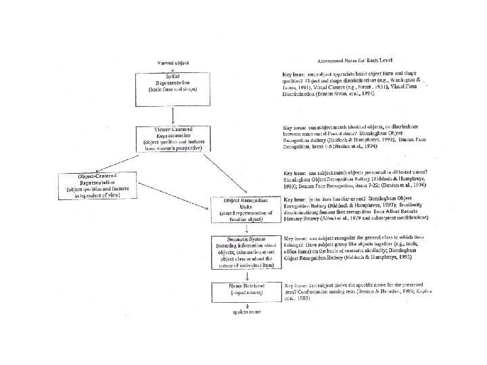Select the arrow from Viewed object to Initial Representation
(x=173, y=68)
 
